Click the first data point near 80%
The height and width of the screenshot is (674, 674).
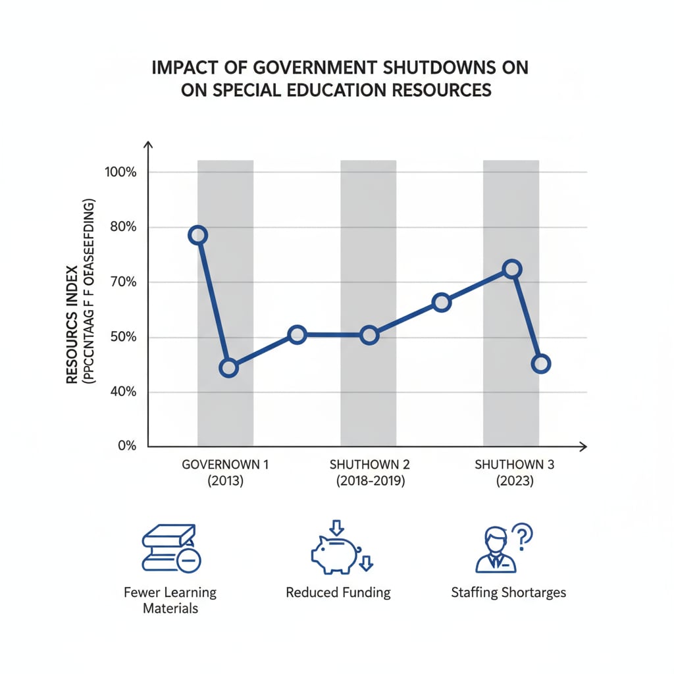[197, 235]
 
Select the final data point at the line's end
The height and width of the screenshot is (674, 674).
[540, 364]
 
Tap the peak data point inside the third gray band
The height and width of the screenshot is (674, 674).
[512, 269]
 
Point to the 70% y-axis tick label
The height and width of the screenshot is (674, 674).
[122, 282]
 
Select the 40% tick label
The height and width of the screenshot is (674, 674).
[122, 392]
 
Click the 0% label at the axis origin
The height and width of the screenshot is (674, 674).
[126, 446]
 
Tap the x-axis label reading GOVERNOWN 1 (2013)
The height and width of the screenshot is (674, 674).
[225, 472]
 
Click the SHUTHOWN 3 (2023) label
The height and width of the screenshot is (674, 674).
[514, 472]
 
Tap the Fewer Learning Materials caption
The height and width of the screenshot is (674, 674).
[170, 600]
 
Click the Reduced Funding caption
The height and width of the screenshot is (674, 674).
[338, 592]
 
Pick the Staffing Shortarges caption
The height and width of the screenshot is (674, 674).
[508, 592]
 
